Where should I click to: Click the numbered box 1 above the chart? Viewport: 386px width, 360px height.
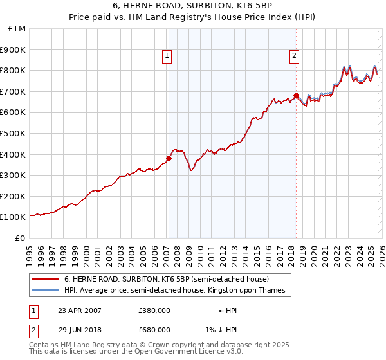click(x=167, y=57)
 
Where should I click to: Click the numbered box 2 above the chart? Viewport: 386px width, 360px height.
click(x=294, y=57)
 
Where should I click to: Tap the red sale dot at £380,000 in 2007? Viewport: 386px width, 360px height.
click(x=169, y=158)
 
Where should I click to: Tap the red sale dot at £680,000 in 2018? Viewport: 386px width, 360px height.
click(x=296, y=95)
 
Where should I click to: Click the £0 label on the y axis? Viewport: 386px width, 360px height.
click(x=20, y=238)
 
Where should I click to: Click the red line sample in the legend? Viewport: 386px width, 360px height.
click(x=46, y=280)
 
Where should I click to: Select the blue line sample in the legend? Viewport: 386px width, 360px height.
click(x=46, y=291)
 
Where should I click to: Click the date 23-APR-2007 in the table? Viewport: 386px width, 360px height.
click(x=80, y=310)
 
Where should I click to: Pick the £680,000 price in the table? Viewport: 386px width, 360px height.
click(x=154, y=330)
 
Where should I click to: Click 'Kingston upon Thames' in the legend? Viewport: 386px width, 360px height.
click(x=257, y=291)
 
